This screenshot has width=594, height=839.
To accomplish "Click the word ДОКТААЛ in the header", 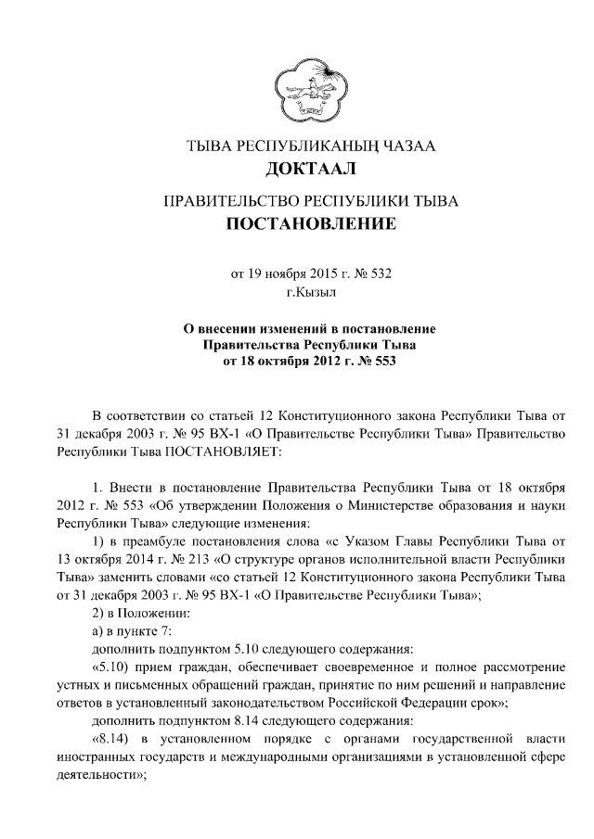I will (x=310, y=169).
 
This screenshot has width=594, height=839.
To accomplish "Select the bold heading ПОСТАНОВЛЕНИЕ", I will (x=310, y=224).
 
